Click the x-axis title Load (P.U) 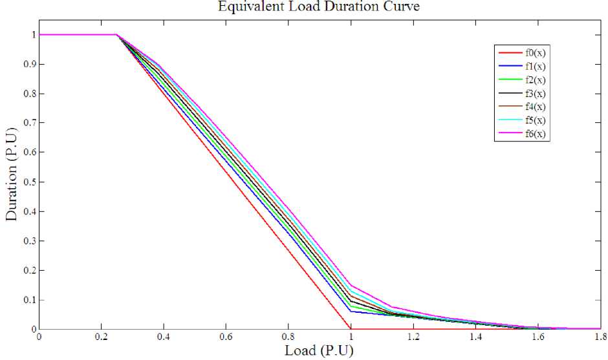(x=319, y=351)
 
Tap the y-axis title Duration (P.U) (x=12, y=182)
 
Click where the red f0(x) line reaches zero (x=351, y=329)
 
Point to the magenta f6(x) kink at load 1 (x=351, y=285)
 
